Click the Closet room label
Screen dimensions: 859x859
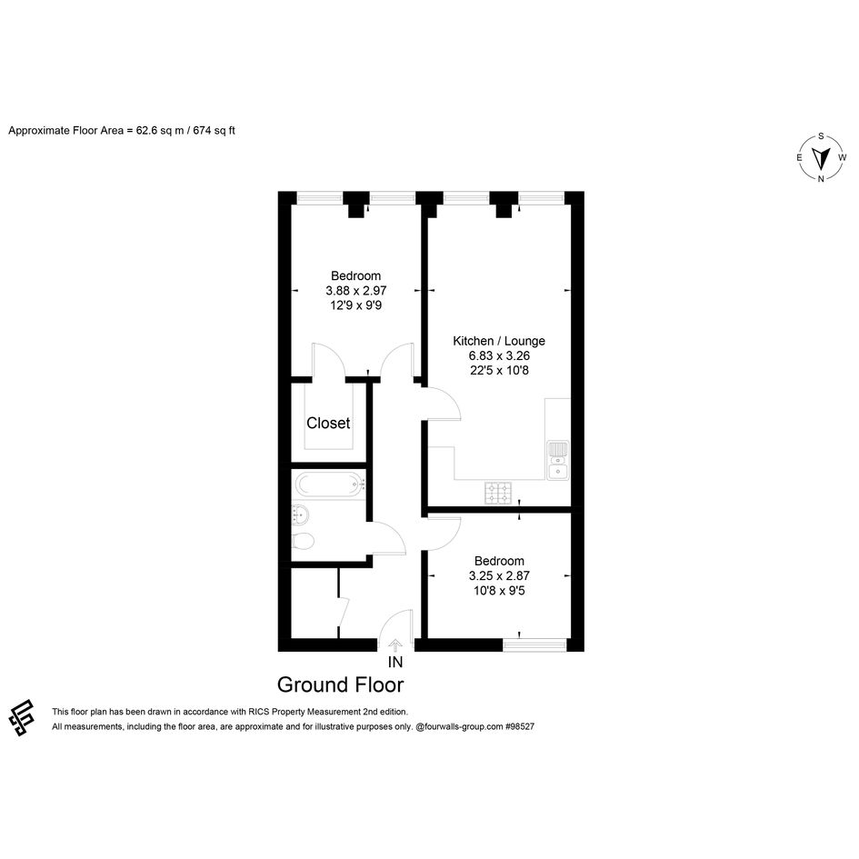(328, 423)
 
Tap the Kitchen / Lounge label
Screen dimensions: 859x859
(499, 341)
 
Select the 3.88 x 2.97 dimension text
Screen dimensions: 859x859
(356, 290)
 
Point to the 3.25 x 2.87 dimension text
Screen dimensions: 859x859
(499, 575)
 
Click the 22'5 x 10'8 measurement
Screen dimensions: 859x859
(499, 370)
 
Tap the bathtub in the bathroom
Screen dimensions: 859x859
(330, 484)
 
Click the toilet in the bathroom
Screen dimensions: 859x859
(303, 541)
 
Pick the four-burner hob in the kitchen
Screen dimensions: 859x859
(498, 493)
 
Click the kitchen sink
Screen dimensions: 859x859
(558, 460)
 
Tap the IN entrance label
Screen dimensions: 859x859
(395, 663)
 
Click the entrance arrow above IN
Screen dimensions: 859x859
(395, 644)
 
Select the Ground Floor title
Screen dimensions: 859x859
(340, 684)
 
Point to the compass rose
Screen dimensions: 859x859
(821, 158)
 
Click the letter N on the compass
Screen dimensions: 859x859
(821, 178)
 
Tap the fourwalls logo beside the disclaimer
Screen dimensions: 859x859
(22, 717)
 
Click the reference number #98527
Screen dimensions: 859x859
(520, 727)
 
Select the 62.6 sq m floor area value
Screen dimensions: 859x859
(160, 131)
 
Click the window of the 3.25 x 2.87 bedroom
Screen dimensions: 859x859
(534, 644)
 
